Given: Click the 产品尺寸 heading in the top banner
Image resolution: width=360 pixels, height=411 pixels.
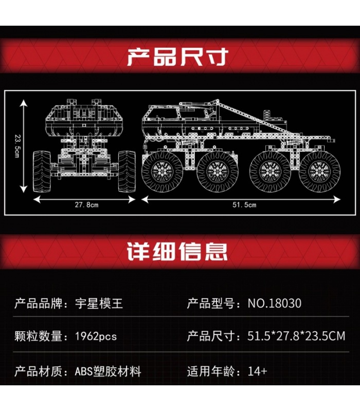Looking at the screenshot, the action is (x=177, y=57).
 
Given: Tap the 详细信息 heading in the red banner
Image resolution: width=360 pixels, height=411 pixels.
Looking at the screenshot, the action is (x=177, y=251).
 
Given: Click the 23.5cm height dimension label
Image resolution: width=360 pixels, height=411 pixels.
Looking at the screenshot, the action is (x=17, y=146).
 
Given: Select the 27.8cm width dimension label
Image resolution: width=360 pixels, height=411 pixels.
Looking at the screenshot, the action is (x=86, y=204).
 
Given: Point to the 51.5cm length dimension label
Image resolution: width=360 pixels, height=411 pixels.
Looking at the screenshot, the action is (x=244, y=204).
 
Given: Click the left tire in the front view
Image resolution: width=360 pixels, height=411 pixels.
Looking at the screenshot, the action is (x=42, y=171).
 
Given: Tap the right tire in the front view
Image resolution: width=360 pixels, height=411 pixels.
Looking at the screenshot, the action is (x=127, y=171).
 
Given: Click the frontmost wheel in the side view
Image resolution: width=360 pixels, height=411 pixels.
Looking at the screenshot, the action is (x=163, y=172).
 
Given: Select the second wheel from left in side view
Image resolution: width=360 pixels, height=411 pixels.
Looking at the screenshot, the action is (x=218, y=172).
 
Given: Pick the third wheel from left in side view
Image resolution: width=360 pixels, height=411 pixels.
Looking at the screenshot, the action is (x=270, y=172).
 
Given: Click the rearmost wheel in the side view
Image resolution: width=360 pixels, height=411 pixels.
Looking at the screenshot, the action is (x=319, y=172).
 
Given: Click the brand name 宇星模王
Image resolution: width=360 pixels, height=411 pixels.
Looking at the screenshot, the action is (x=99, y=304).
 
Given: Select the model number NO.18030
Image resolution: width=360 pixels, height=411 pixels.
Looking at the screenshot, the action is (x=275, y=304).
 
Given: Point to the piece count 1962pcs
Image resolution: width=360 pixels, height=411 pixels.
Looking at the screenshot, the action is (x=96, y=337).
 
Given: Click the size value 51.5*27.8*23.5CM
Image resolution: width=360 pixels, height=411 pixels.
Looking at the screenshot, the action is (x=296, y=336).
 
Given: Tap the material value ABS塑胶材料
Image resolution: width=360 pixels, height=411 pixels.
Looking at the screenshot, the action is (x=108, y=371).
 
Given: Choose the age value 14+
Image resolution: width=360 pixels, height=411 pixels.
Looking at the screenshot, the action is (x=258, y=371).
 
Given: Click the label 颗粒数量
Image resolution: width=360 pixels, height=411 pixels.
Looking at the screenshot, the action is (x=38, y=337).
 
